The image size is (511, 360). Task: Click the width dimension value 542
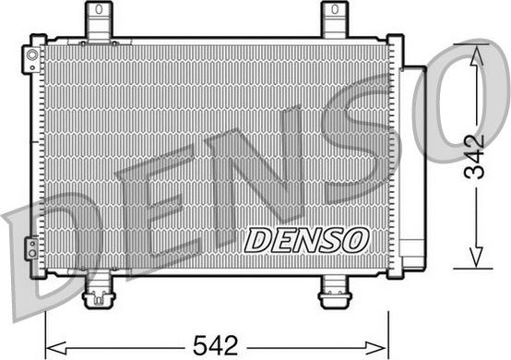pos(217,345)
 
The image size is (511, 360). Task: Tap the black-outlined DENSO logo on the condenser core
pos(306,239)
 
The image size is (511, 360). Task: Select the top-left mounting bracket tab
pos(96,18)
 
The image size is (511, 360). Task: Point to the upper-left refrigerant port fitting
pos(33,62)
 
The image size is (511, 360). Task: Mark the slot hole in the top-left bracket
pos(96,10)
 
